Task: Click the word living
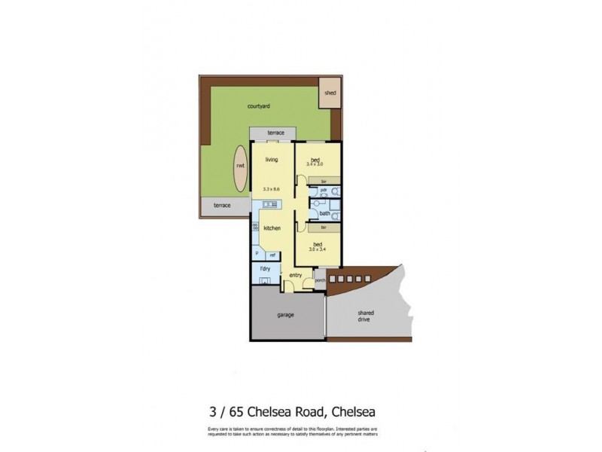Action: [272, 159]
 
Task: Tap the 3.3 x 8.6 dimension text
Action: [272, 188]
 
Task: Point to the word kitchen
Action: [272, 228]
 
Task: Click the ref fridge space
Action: [272, 256]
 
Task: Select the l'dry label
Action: [265, 269]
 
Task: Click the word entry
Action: [296, 276]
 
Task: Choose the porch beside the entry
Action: [320, 281]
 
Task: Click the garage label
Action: [284, 314]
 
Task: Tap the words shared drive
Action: [366, 316]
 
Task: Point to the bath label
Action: [324, 213]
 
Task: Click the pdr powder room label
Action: [323, 191]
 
